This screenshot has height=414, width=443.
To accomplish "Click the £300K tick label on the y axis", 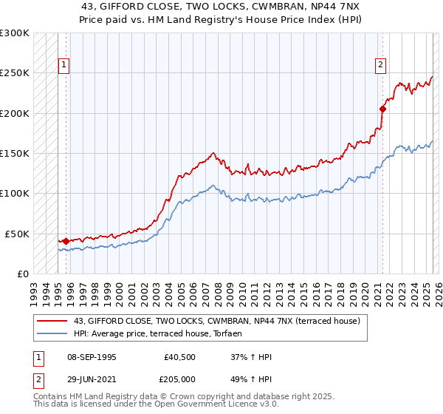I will [15, 33].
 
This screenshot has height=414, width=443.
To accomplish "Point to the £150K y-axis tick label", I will [15, 153].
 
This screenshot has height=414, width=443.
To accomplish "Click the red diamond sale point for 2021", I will [382, 109].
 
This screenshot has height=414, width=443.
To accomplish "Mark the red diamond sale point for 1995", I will [66, 241].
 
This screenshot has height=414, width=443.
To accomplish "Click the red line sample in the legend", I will [52, 321].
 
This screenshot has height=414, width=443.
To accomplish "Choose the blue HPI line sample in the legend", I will [52, 334].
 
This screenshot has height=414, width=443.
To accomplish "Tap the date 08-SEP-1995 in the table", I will [91, 357].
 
